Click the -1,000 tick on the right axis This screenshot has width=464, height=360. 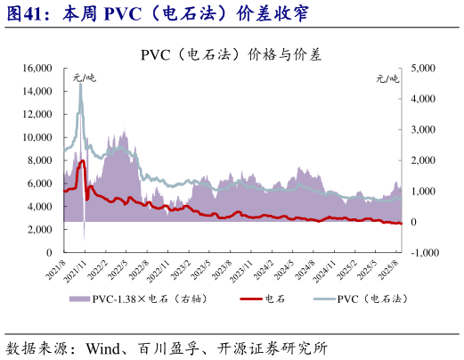[427, 253]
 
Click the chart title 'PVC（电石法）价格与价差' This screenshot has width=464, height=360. [231, 53]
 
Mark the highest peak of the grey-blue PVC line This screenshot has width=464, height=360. [81, 85]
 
